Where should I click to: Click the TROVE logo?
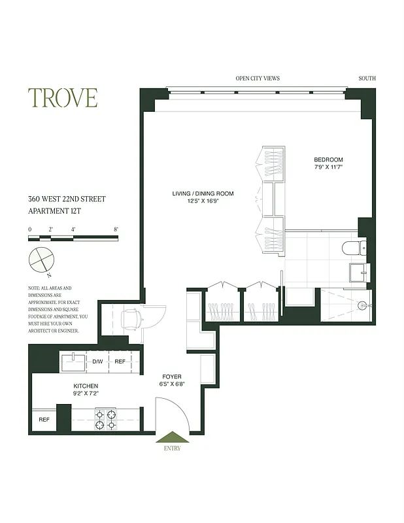(63, 97)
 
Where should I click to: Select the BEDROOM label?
(328, 160)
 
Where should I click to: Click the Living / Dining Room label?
(203, 194)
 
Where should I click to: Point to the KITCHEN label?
(86, 386)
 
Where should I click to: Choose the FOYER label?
(172, 377)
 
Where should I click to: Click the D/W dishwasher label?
(97, 362)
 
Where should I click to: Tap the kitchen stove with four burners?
(106, 419)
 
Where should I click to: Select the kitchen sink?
(74, 361)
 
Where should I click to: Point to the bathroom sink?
(359, 271)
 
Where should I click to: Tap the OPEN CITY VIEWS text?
(258, 78)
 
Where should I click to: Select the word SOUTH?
(367, 78)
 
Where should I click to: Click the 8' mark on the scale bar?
(116, 229)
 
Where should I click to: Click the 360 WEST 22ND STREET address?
(66, 199)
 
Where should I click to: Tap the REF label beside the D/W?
(120, 362)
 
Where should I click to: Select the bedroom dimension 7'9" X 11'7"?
(328, 167)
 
